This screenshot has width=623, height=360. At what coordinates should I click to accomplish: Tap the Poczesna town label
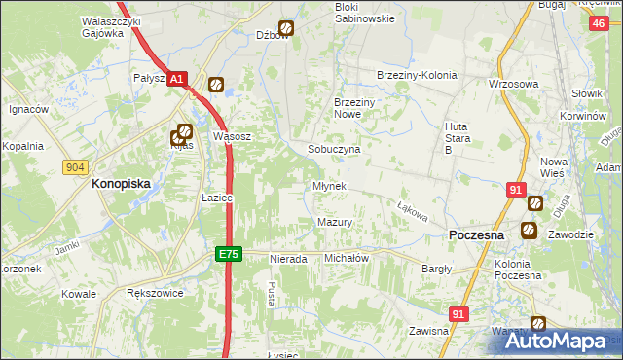tap(475, 235)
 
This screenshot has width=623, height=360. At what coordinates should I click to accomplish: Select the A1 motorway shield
tap(176, 80)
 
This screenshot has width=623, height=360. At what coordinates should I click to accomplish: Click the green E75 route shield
tap(227, 254)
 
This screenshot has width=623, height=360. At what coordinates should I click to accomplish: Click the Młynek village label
tap(329, 186)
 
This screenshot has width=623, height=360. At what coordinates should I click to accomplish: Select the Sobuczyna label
tap(334, 150)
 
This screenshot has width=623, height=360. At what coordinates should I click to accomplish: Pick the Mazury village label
tap(335, 223)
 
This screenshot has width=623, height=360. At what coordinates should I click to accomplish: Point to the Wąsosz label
tap(233, 137)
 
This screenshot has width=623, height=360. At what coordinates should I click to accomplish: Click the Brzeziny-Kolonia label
tap(416, 75)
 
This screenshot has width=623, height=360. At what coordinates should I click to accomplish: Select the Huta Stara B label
tap(457, 137)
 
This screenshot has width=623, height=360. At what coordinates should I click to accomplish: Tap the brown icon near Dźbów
tap(286, 29)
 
